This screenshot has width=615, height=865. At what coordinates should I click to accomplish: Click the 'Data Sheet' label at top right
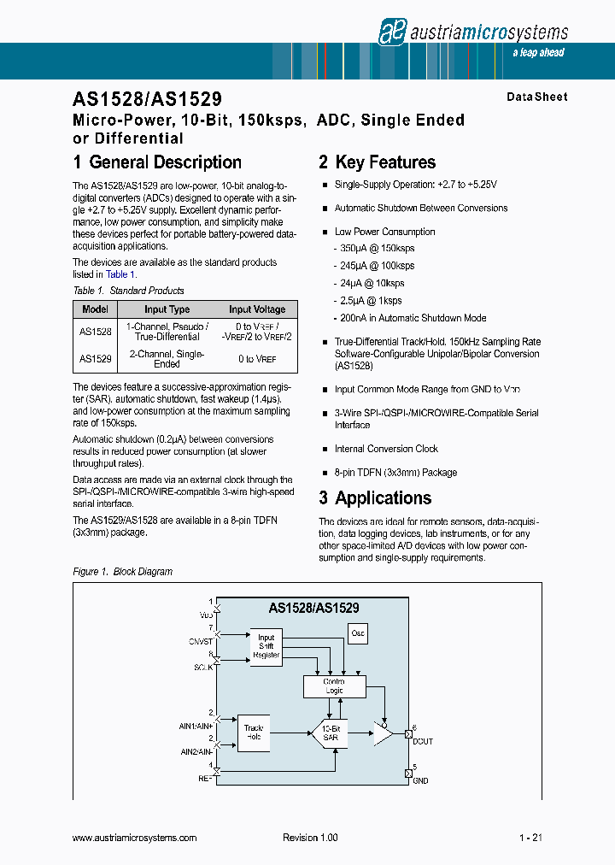tap(536, 97)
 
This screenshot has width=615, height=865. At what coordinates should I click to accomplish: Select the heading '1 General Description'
tap(157, 162)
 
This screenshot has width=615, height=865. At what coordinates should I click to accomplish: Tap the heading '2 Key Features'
tap(377, 162)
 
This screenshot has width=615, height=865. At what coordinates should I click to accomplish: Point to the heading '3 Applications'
tap(375, 498)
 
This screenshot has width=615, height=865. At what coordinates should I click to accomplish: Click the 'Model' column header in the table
tap(96, 309)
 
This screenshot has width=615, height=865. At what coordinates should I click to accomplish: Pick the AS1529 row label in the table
tap(96, 359)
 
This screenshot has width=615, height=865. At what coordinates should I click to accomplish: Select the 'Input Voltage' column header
tap(257, 309)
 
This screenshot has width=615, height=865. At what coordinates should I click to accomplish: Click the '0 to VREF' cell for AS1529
tap(257, 359)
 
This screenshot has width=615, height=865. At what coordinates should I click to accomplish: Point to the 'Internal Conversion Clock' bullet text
tap(386, 449)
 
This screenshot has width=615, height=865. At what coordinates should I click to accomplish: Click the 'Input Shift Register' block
tap(266, 646)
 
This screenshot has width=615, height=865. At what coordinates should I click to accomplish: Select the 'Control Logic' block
tap(334, 686)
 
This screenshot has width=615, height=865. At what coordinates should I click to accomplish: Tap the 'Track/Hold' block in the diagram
tap(254, 733)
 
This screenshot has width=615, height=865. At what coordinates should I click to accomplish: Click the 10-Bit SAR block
tap(330, 733)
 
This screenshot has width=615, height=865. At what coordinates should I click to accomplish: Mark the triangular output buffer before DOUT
tap(382, 733)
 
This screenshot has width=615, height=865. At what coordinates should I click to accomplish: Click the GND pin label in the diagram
tap(420, 780)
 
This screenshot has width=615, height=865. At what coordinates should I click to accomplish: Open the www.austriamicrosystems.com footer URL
tap(135, 839)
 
